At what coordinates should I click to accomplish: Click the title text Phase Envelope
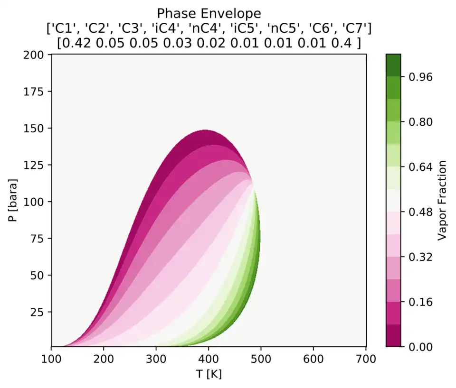[209, 12]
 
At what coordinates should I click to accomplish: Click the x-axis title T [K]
[209, 374]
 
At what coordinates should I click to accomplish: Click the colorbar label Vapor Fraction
[442, 200]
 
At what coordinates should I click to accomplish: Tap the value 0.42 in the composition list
[78, 43]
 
